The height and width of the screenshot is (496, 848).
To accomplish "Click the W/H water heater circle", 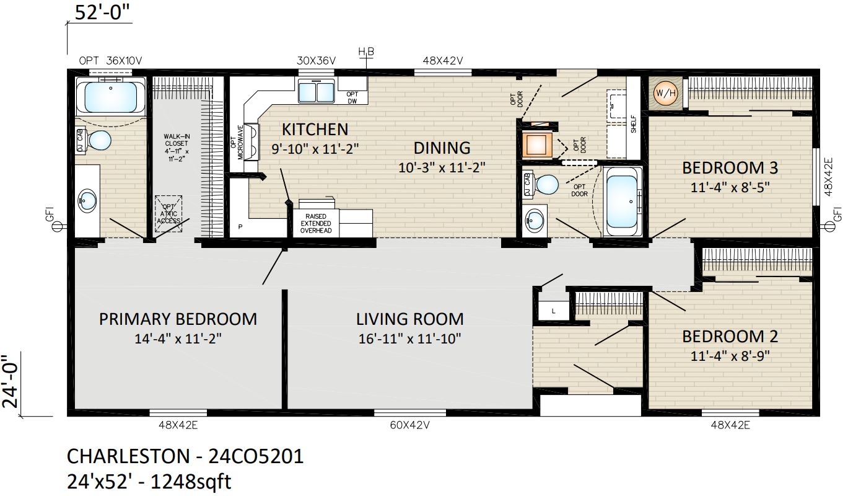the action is click(665, 93).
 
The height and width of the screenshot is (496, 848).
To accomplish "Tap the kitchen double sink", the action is click(316, 91).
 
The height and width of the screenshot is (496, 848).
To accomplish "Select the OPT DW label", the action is click(352, 97).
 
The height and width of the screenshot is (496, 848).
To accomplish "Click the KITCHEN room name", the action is click(315, 130).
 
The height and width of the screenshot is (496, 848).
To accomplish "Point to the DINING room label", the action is click(442, 148).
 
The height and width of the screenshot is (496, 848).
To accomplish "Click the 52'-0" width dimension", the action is click(102, 12).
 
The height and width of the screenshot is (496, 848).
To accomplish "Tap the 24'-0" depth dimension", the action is click(11, 381).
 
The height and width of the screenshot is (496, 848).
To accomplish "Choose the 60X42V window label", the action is click(409, 425).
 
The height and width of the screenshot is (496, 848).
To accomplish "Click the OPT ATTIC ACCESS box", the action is click(168, 214).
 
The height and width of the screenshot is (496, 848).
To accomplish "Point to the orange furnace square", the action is click(536, 144).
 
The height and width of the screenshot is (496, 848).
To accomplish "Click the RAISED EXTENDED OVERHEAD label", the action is click(316, 224).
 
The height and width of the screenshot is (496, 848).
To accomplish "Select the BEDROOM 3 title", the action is click(730, 168).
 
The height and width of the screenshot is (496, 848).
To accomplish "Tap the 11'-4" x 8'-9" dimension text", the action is click(730, 356).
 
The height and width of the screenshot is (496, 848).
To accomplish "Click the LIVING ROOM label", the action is click(410, 319).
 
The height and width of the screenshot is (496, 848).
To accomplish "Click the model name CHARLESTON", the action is click(128, 456).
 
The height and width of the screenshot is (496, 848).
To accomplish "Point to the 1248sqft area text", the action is click(191, 482).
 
